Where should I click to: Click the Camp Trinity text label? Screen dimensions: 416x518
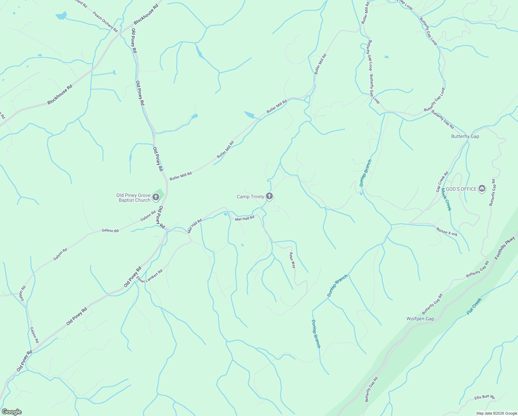250,197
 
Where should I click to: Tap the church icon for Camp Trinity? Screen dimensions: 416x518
269,197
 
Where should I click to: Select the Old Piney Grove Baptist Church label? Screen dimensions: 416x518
133,198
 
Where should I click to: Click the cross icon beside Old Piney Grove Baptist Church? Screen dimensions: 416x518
156,198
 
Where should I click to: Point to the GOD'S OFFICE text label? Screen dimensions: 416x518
461,189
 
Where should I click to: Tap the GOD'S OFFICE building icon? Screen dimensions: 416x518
482,189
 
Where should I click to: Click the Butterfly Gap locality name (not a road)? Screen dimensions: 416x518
465,136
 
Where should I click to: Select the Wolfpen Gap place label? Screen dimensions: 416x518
420,319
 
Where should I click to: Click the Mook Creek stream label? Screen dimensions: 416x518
446,199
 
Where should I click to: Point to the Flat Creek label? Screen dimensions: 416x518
474,306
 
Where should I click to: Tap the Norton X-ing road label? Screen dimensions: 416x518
447,232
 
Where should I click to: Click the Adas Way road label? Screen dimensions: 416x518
293,260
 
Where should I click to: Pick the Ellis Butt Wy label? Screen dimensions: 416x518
485,397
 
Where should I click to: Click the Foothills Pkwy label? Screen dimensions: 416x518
505,248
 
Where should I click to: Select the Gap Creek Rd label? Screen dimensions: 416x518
442,182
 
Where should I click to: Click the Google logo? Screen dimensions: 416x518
11,412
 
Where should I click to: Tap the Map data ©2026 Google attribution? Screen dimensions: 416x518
496,413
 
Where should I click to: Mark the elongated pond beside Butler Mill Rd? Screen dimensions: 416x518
251,115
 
